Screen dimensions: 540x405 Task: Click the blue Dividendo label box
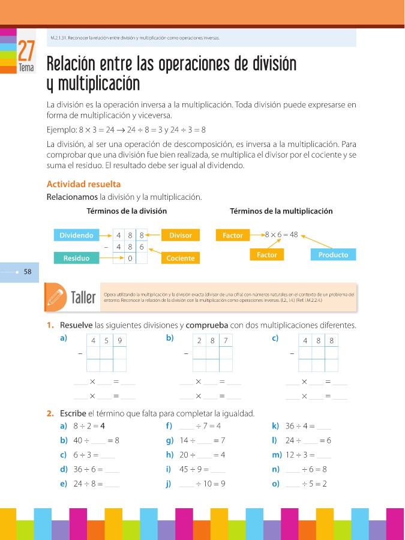click(x=76, y=235)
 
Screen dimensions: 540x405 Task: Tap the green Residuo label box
click(x=76, y=258)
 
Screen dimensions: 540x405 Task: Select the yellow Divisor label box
click(x=181, y=235)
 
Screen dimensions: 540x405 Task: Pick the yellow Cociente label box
click(x=181, y=258)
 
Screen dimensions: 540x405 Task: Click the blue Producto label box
click(x=333, y=254)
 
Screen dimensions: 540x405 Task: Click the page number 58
click(x=28, y=272)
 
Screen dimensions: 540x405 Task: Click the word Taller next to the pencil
click(x=83, y=298)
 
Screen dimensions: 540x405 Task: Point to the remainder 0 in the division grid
click(x=130, y=258)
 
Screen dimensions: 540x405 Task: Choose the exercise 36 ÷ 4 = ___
click(x=308, y=427)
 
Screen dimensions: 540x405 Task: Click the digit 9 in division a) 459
click(x=120, y=341)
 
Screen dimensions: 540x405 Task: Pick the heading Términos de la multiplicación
click(x=281, y=211)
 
